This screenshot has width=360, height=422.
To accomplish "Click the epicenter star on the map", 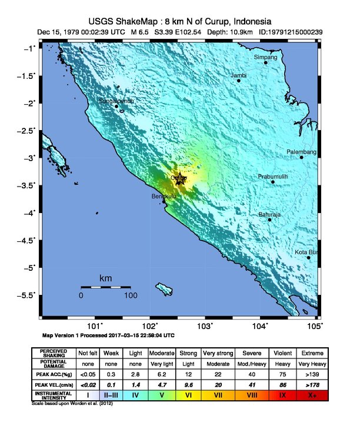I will click(x=179, y=179).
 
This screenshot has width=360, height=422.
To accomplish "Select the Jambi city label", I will click(x=238, y=75).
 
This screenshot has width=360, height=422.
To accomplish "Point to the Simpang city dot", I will click(x=265, y=62).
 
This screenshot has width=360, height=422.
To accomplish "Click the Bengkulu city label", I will click(x=164, y=196).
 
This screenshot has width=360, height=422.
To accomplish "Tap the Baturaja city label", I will click(x=269, y=215).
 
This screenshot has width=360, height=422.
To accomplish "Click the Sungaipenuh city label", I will click(x=116, y=101).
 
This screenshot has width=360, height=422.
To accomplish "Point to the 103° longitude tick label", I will click(x=205, y=325).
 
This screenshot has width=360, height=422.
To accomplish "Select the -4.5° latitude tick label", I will click(x=27, y=240).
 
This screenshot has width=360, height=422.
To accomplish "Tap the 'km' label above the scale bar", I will click(x=105, y=278).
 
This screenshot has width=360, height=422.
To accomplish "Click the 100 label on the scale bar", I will click(x=130, y=295).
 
